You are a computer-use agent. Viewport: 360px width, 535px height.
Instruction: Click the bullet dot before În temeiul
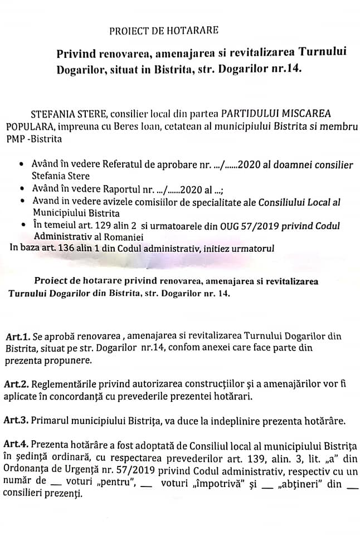(21, 225)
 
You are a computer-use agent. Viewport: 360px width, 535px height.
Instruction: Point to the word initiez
(215, 247)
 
